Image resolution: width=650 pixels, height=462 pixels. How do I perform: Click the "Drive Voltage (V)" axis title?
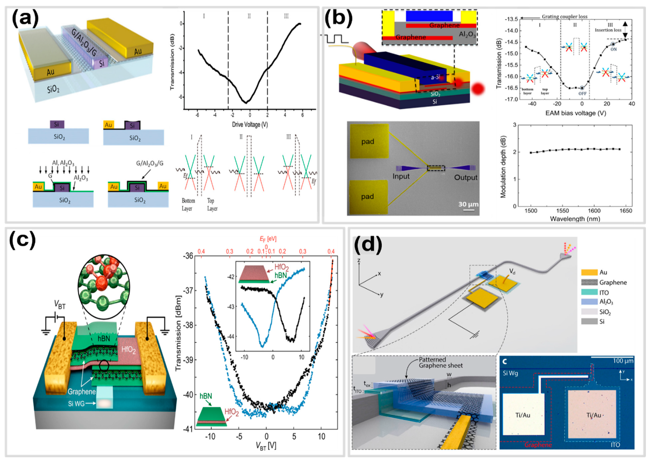tap(250, 124)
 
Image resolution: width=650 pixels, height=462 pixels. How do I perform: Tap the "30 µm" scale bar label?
tap(468, 204)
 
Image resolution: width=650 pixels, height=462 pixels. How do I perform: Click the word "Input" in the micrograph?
tap(401, 176)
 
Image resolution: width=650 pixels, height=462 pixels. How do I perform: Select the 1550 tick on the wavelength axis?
tap(562, 211)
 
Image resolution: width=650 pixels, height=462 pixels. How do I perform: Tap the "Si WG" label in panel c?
tap(76, 403)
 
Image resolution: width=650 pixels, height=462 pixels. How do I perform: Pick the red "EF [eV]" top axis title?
tap(268, 239)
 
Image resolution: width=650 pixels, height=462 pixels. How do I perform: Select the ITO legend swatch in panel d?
tap(589, 292)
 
